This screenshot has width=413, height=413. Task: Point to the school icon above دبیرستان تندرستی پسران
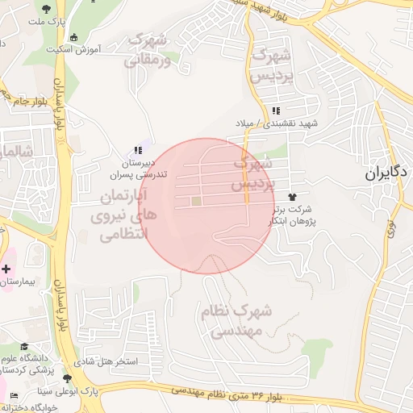pyautogui.click(x=138, y=149)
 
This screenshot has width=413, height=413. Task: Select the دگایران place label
pyautogui.click(x=387, y=173)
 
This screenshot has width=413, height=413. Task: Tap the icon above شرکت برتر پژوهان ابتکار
pyautogui.click(x=291, y=197)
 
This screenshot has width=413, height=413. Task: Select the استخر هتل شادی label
pyautogui.click(x=106, y=361)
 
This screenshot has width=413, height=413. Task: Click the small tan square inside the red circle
pyautogui.click(x=196, y=201)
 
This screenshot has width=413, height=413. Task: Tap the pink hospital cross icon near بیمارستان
pyautogui.click(x=7, y=268)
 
